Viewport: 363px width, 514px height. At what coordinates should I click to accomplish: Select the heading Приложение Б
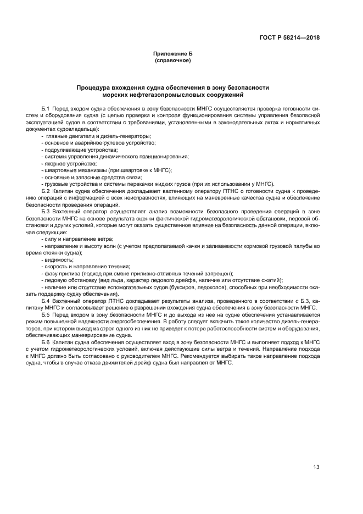[x=173, y=54]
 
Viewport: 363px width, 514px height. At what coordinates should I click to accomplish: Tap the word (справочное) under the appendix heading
[x=173, y=60]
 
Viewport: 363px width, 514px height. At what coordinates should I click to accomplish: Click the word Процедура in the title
[x=94, y=87]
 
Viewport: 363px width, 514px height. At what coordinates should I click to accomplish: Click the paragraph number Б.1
[x=46, y=108]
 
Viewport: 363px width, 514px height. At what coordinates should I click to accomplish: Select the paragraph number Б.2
[x=46, y=190]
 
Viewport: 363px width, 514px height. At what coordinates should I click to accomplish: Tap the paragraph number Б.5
[x=46, y=315]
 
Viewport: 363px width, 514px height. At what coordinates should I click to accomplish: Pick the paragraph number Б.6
[x=46, y=342]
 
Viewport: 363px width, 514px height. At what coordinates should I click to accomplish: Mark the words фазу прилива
[x=59, y=273]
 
